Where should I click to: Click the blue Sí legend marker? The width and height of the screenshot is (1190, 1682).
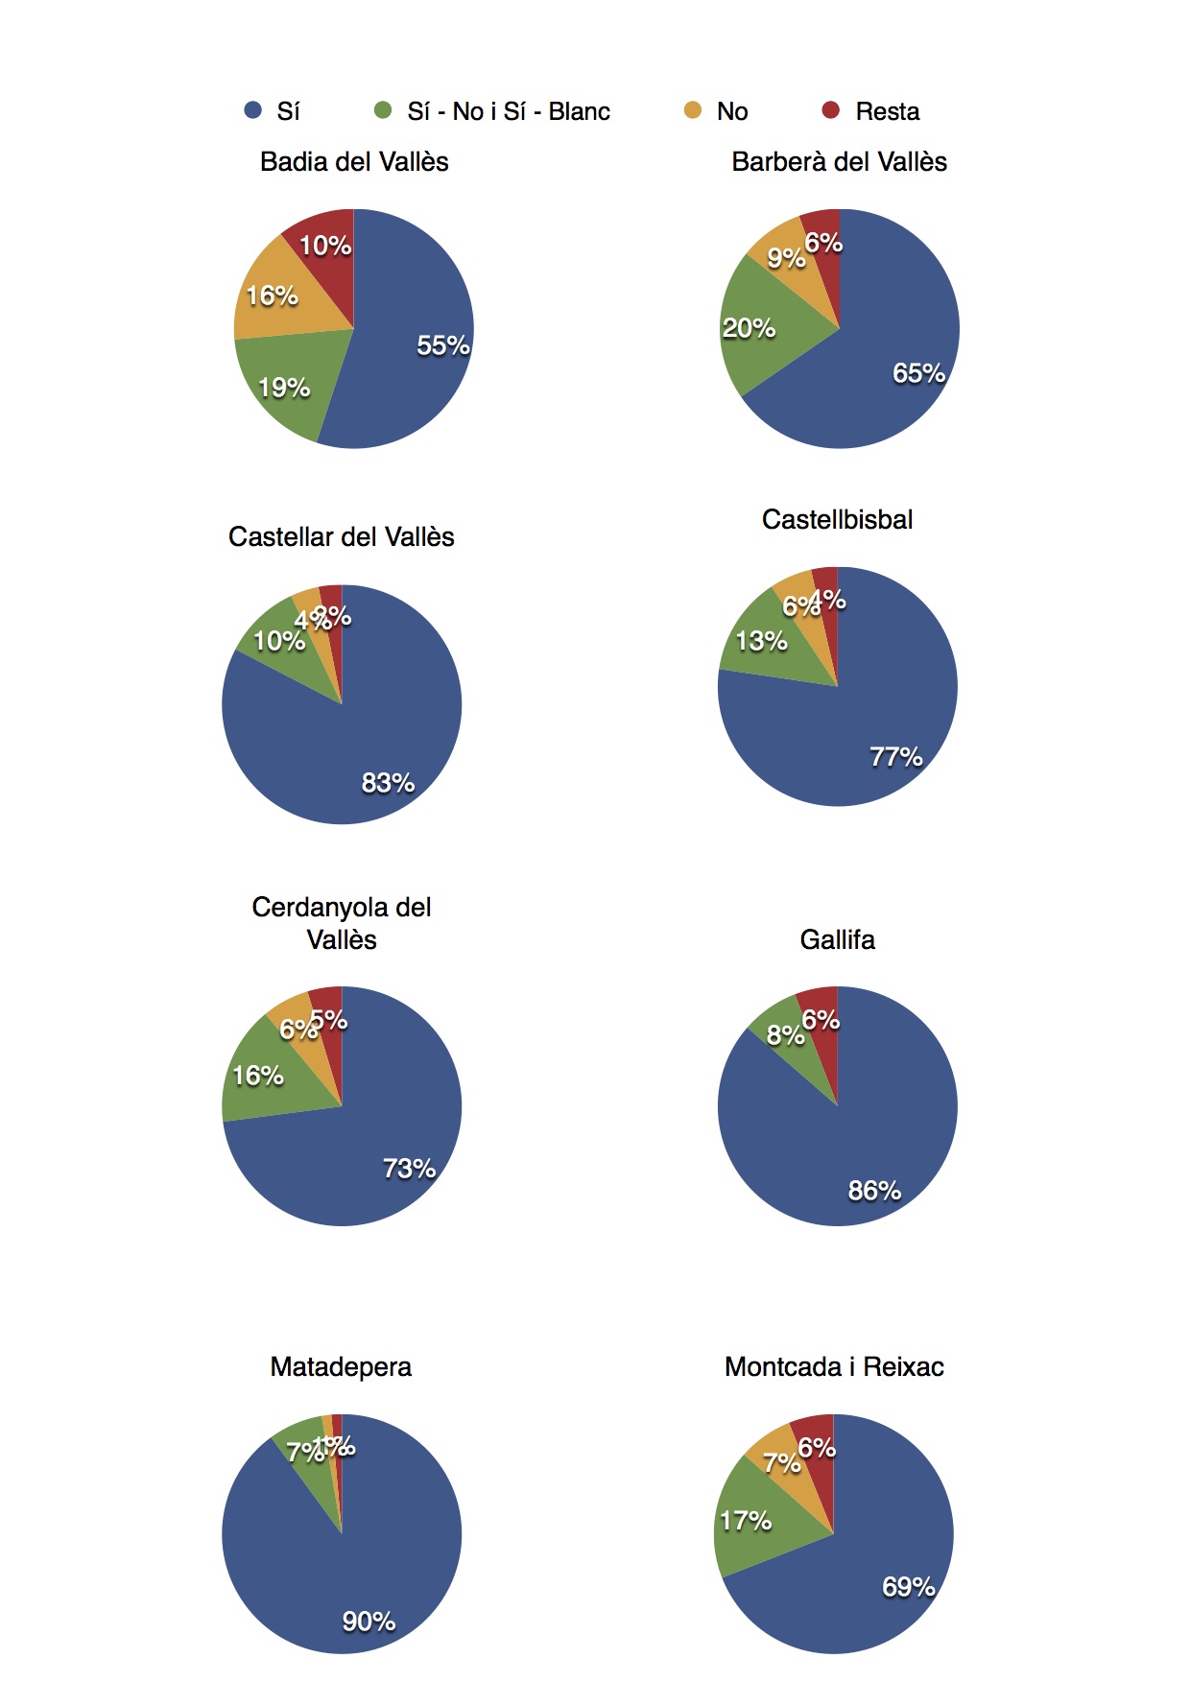(x=253, y=110)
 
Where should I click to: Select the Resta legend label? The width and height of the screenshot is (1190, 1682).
(x=887, y=112)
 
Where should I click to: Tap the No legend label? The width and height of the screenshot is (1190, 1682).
(x=732, y=112)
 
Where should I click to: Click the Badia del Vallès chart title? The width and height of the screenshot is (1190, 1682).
(x=354, y=162)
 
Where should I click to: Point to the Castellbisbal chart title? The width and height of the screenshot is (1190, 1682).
(x=837, y=520)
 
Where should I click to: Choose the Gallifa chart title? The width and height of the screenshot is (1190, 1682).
(x=837, y=940)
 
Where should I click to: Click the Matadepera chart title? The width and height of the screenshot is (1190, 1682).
(x=341, y=1367)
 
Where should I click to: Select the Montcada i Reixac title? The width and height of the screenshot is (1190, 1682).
(x=834, y=1367)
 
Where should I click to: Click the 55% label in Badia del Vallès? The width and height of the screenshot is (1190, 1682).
(x=442, y=345)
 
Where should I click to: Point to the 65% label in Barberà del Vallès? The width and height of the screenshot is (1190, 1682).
(x=918, y=373)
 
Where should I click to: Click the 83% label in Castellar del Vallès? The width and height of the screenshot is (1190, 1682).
(x=388, y=783)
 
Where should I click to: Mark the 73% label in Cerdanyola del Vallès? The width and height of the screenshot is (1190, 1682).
(x=409, y=1169)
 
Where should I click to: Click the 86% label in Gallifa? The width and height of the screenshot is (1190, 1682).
(x=874, y=1191)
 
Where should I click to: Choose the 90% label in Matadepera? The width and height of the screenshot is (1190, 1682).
(x=369, y=1622)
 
